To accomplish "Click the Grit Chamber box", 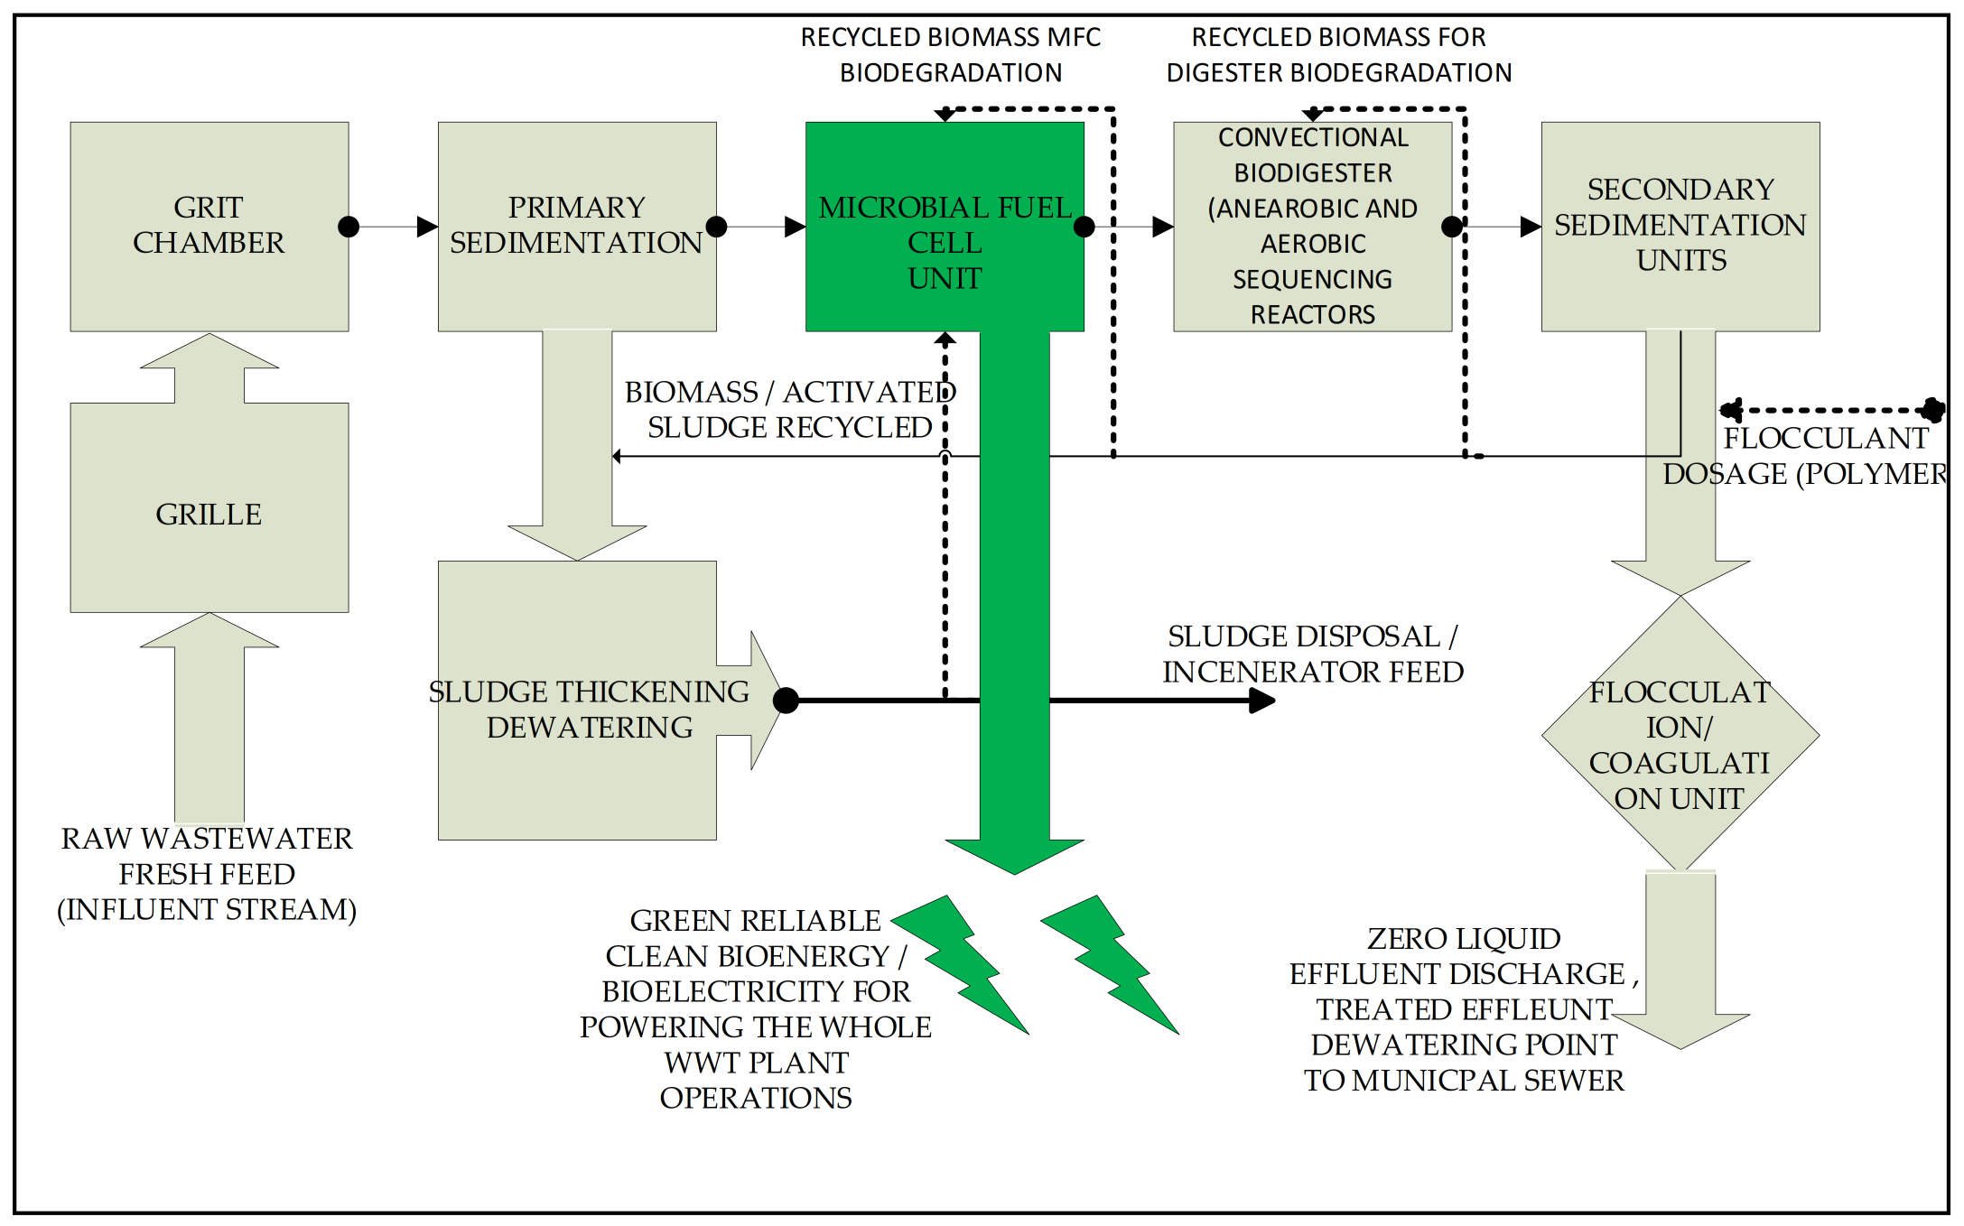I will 209,226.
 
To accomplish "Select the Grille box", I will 209,514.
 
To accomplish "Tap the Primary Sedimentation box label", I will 576,225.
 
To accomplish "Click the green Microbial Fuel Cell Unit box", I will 945,226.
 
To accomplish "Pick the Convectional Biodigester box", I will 1312,226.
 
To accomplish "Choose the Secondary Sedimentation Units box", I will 1680,225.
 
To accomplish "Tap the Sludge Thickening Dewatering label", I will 589,709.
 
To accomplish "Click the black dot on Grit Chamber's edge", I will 349,227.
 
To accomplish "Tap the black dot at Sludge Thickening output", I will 786,700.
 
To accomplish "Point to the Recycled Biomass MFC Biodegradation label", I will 950,54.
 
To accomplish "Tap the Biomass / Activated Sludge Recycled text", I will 789,409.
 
